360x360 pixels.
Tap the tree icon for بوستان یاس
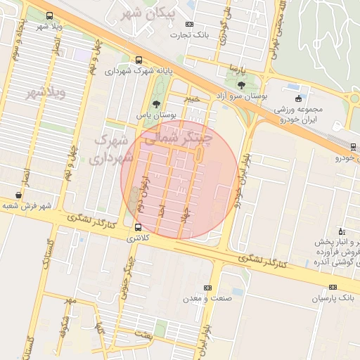pos(146,104)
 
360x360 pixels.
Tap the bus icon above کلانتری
pos(137,228)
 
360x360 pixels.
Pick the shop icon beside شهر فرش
pos(18,195)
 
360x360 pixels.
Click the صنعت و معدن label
pos(207,299)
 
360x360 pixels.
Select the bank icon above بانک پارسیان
pos(333,288)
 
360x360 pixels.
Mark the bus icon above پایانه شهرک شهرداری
pos(139,60)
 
